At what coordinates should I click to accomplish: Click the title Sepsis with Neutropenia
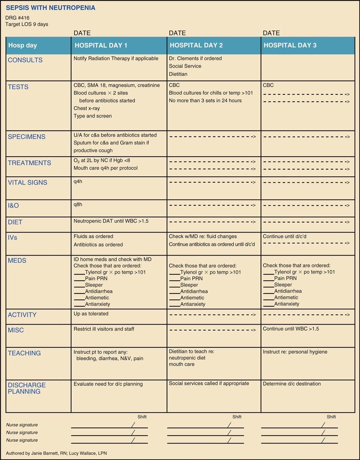tap(51, 8)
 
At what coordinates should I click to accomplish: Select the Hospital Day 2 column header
tap(196, 45)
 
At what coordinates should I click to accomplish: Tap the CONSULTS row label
tap(25, 60)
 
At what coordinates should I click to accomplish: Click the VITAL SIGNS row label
tap(28, 183)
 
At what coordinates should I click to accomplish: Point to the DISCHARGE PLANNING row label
tap(27, 388)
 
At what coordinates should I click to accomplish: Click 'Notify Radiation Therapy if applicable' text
tap(116, 59)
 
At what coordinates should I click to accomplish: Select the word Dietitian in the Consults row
tap(178, 74)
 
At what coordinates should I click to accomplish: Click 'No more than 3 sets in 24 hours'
tap(205, 101)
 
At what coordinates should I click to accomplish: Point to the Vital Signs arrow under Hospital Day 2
tap(212, 183)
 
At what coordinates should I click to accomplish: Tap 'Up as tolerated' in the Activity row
tap(91, 314)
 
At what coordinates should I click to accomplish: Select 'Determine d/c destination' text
tap(292, 384)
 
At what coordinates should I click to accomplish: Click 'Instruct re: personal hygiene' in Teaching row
tap(295, 352)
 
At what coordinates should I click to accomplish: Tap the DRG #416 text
tap(17, 18)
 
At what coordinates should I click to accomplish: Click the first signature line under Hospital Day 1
tap(102, 427)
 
